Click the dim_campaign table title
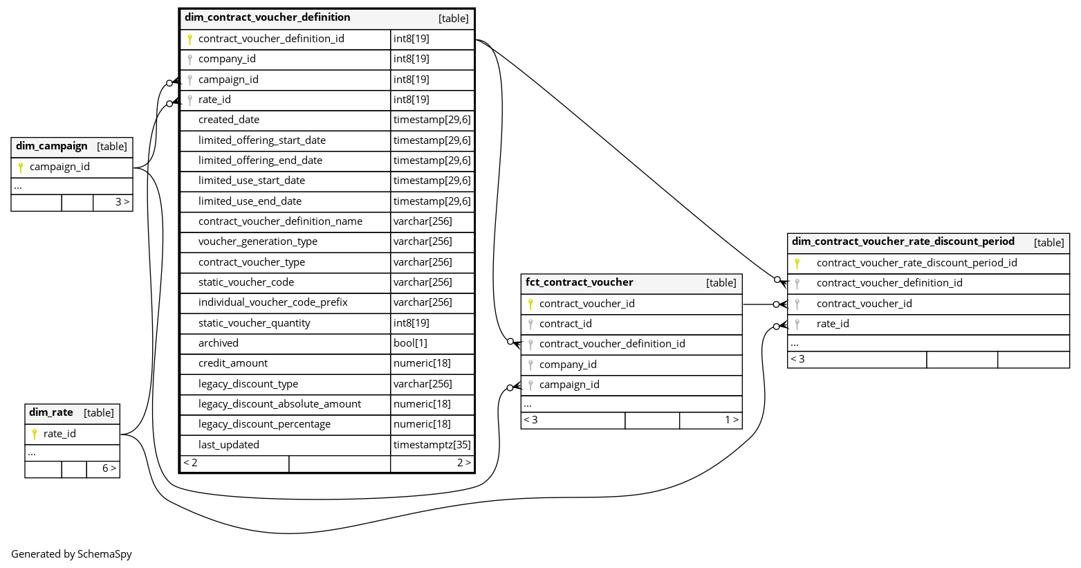click(52, 146)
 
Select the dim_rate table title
click(51, 412)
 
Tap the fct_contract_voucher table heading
click(579, 282)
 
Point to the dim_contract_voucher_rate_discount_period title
click(903, 241)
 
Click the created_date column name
click(229, 120)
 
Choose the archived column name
click(219, 343)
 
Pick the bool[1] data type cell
click(410, 343)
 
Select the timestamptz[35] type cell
click(432, 445)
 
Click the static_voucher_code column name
click(246, 282)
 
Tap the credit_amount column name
click(233, 363)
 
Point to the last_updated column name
click(229, 445)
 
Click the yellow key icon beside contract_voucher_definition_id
click(190, 39)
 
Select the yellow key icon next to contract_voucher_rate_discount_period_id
click(797, 263)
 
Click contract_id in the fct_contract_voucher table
click(566, 324)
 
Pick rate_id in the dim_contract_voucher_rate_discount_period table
click(833, 324)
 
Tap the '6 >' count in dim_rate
click(109, 468)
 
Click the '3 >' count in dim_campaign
click(122, 202)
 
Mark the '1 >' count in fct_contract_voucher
click(731, 420)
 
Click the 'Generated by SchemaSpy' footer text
click(71, 554)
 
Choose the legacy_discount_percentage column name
click(264, 424)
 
